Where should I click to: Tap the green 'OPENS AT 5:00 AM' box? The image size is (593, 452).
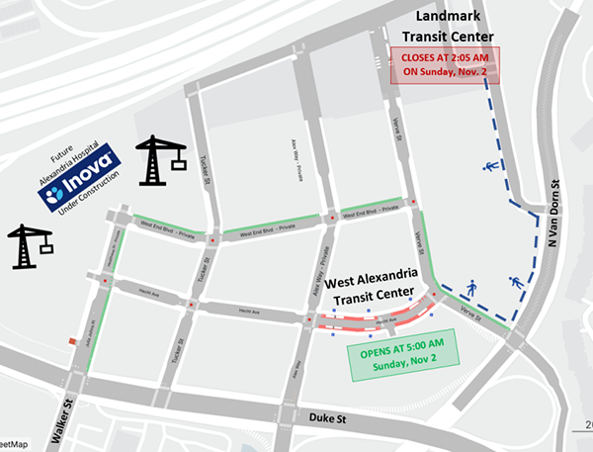click(x=402, y=353)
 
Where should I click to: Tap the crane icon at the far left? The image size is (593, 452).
click(x=30, y=245)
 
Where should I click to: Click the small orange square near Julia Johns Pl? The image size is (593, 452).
click(x=71, y=341)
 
